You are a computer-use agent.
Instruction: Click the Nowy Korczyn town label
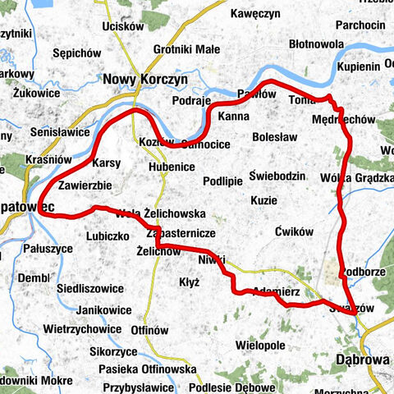[x=146, y=79]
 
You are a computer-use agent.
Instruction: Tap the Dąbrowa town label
[x=361, y=359]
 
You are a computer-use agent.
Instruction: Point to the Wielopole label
[x=259, y=323]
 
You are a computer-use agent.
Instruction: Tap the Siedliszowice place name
[x=90, y=289]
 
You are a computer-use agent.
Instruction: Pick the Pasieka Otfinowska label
[x=149, y=369]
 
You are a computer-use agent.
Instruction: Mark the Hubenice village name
[x=172, y=167]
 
